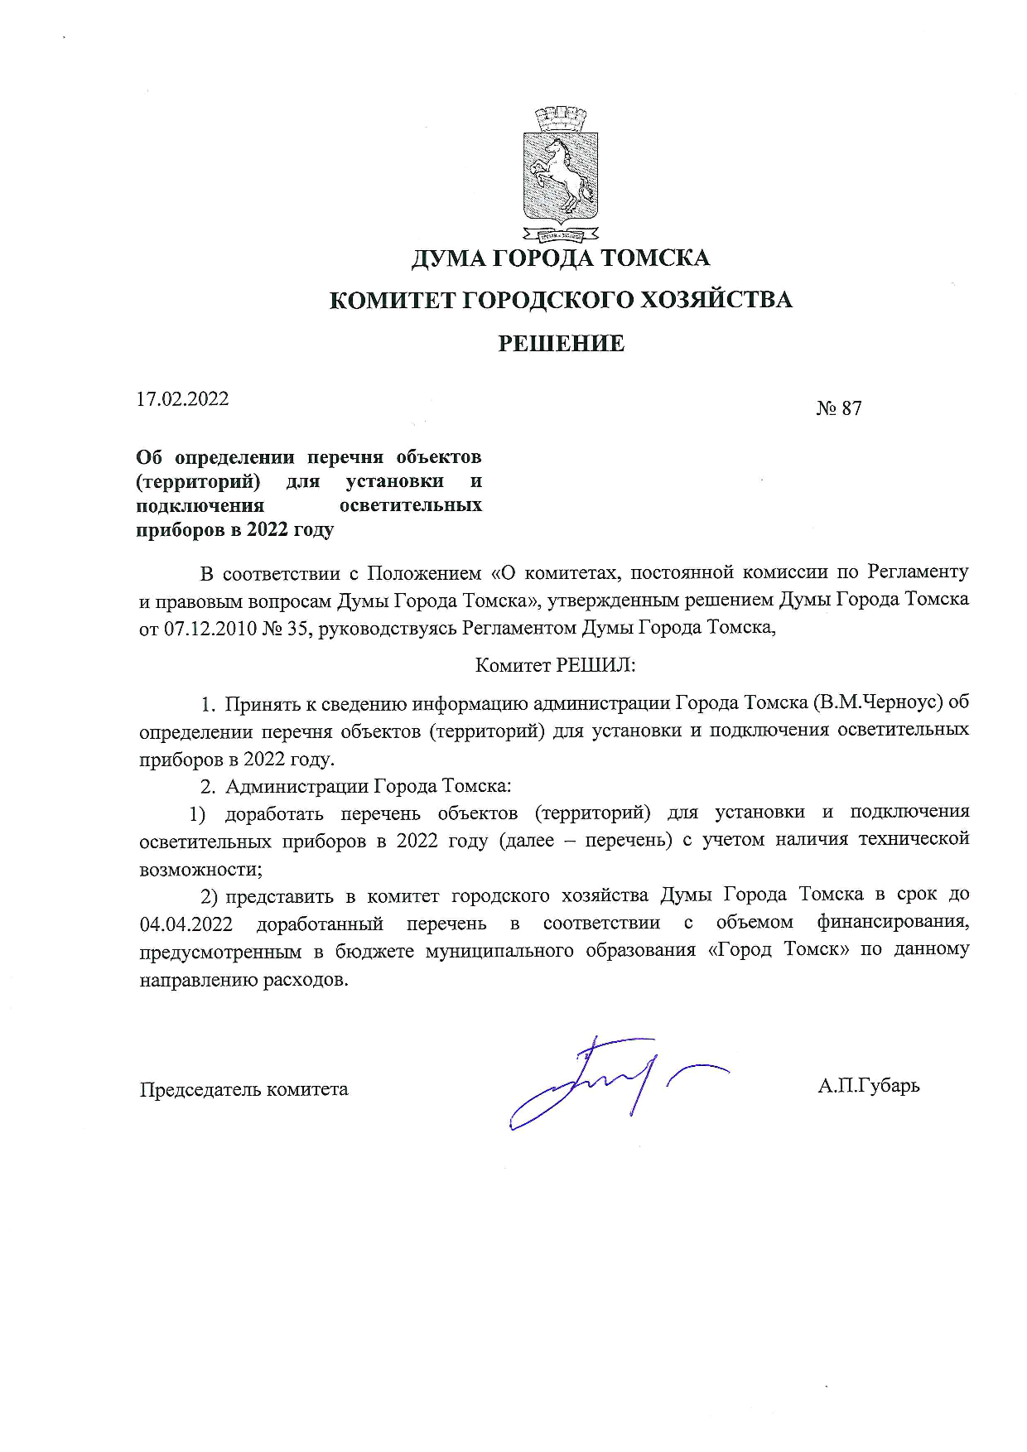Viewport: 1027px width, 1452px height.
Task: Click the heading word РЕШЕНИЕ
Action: (561, 344)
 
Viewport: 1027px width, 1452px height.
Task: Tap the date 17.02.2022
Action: (182, 399)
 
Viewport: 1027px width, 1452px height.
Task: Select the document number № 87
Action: (838, 408)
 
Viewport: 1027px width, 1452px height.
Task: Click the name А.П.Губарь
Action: (868, 1085)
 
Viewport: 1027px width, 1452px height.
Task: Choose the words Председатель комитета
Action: (243, 1089)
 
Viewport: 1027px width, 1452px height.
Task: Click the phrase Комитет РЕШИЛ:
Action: (555, 665)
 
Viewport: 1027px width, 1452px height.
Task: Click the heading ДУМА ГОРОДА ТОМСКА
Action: (561, 258)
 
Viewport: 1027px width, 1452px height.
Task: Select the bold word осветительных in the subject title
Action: (411, 505)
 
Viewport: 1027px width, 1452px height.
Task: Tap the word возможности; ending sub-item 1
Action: (200, 870)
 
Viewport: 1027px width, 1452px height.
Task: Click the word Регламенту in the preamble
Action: (918, 572)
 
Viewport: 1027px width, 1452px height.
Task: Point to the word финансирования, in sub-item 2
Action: (893, 922)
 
